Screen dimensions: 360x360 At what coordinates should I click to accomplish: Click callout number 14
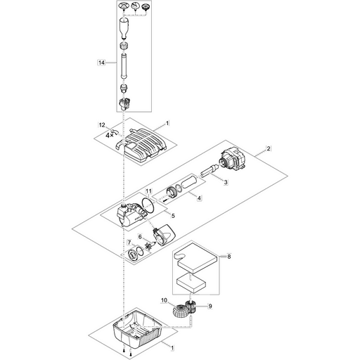pos(101,63)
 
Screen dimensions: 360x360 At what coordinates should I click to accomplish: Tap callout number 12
pos(102,125)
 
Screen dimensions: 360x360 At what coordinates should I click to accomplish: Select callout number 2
pos(269,148)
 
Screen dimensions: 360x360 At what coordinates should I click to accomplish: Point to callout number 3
pos(226,182)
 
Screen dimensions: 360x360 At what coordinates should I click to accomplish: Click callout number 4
pos(199,198)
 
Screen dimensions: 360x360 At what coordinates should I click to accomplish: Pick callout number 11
pos(148,191)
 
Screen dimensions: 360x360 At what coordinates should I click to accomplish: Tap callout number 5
pos(173,216)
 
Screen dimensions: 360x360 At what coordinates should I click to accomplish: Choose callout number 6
pos(140,237)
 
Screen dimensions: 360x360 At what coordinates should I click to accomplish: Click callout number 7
pos(129,242)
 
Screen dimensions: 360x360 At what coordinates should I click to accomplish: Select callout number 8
pos(229,257)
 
